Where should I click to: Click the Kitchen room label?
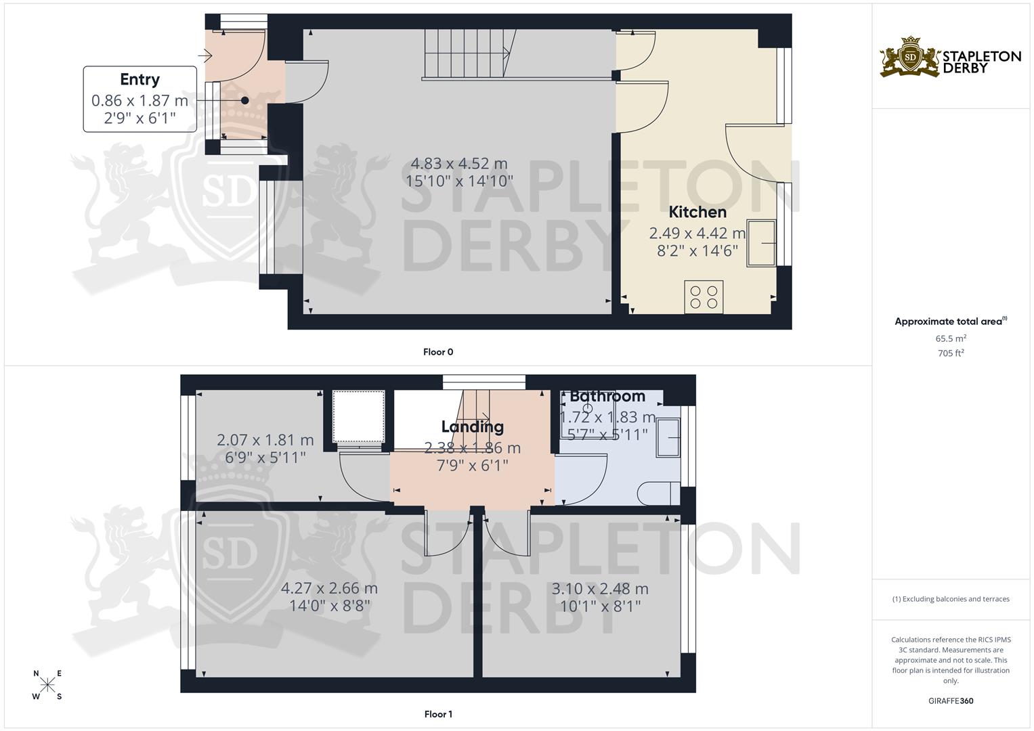(x=697, y=212)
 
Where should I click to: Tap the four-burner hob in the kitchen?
(x=704, y=297)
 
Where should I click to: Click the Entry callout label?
(x=139, y=80)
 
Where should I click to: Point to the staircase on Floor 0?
(x=467, y=54)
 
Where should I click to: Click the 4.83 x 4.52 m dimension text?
(x=459, y=164)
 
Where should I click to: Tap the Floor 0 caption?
(x=438, y=352)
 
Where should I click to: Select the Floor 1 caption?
(x=438, y=714)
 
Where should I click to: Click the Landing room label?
(x=473, y=426)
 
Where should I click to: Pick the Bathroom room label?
(x=607, y=396)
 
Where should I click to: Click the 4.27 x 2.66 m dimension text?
(x=329, y=588)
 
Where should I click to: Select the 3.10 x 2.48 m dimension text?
(x=600, y=589)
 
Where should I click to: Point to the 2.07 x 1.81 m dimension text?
(x=265, y=440)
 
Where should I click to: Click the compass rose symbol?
(x=47, y=684)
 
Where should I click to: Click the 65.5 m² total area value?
(x=951, y=338)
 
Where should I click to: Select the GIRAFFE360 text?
(x=951, y=701)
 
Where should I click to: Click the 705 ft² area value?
(x=951, y=353)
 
